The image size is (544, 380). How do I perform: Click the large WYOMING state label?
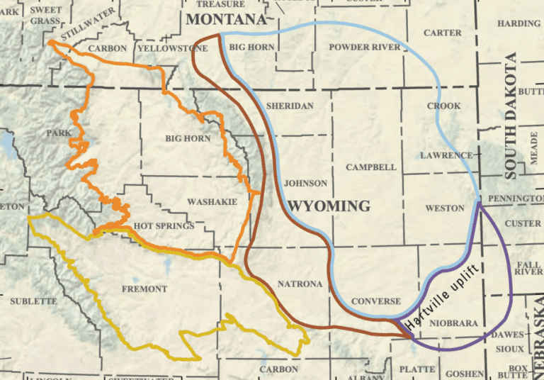click(x=330, y=206)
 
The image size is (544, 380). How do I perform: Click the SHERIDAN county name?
click(x=289, y=106)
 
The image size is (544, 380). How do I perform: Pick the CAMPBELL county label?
click(x=371, y=167)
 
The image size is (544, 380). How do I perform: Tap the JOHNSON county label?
click(x=305, y=183)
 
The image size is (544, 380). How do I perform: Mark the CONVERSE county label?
click(x=376, y=301)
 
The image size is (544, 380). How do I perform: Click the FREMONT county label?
click(x=144, y=289)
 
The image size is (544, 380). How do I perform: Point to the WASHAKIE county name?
click(x=212, y=202)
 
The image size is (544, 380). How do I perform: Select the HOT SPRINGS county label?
click(x=164, y=226)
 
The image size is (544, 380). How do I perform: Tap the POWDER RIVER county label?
click(x=365, y=47)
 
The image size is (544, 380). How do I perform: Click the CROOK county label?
click(x=443, y=106)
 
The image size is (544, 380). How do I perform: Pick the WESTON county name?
click(x=444, y=208)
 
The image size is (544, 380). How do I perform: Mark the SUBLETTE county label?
click(x=33, y=301)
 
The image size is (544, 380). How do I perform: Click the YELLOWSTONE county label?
click(x=173, y=48)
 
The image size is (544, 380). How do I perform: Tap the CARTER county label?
click(x=442, y=33)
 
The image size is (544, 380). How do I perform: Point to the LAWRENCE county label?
click(x=446, y=155)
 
